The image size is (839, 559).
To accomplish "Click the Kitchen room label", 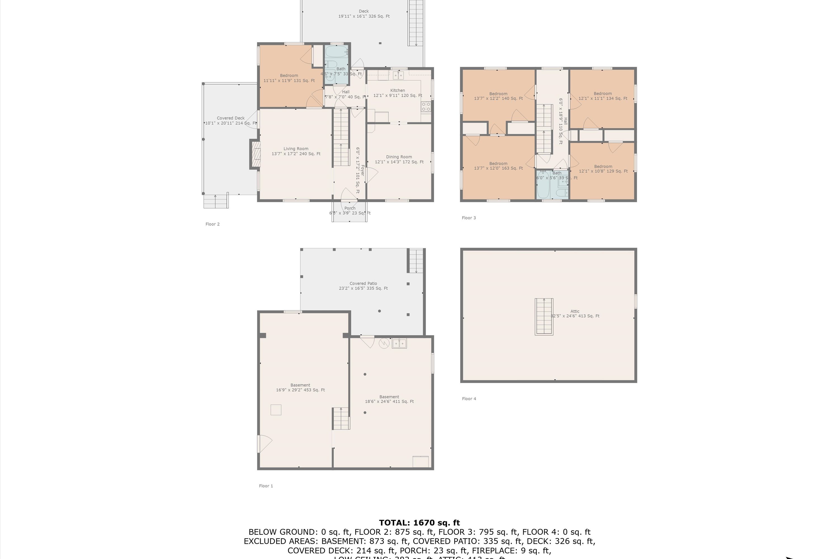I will point(397,91).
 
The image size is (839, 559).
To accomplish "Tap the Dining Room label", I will point(399,157).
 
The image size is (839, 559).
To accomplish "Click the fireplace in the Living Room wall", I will point(255,154).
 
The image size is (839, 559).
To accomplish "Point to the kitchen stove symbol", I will point(426,106).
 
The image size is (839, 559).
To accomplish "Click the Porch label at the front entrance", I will point(350,208).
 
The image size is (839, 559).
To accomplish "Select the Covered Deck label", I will point(230,118).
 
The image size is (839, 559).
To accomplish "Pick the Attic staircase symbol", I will point(544,317).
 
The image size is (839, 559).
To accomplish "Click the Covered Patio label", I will point(363,283).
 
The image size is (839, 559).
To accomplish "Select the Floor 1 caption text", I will point(266,486).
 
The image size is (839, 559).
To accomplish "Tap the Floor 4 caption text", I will point(469,399).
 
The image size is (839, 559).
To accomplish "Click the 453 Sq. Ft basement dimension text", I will point(300,390).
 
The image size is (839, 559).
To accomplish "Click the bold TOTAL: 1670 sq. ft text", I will point(419,523).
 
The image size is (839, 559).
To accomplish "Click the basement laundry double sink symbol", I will point(399,344).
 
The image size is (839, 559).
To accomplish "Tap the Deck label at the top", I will point(364,11).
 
